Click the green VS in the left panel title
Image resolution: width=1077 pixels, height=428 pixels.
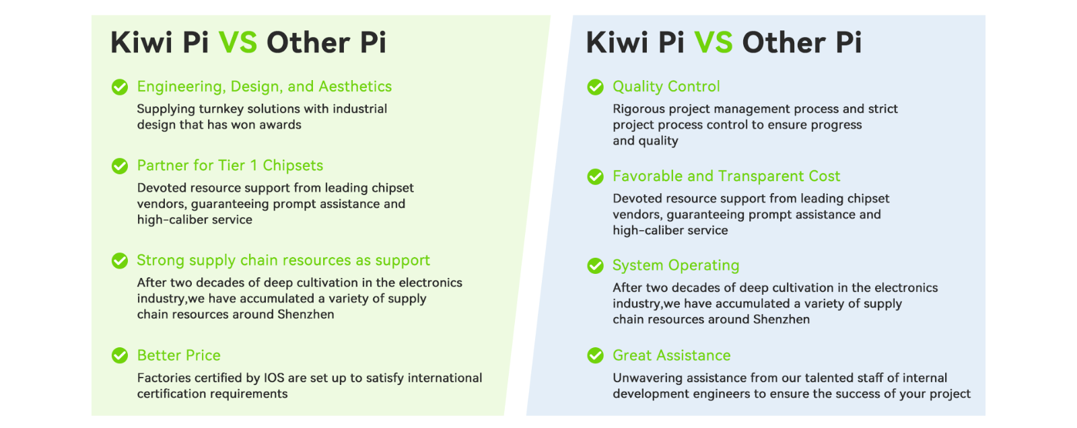(238, 42)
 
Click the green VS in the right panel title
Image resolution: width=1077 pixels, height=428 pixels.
(714, 42)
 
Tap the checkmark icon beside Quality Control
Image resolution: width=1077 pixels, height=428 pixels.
(595, 87)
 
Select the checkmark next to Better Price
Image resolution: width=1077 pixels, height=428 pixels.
(120, 356)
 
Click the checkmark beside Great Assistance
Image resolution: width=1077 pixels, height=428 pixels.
(595, 356)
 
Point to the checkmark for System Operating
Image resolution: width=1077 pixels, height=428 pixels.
(595, 266)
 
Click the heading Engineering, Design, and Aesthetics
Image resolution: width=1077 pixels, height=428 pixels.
(265, 87)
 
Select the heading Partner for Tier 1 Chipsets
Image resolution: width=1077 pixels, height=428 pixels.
(230, 166)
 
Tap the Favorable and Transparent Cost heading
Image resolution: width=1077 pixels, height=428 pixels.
(726, 176)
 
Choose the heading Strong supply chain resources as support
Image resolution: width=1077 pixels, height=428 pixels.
(283, 260)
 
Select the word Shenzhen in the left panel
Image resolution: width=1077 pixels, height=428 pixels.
(306, 314)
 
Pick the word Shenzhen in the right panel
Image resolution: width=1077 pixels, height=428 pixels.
(781, 319)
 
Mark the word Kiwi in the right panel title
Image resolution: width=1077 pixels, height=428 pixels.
(619, 42)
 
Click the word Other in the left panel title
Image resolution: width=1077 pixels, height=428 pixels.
(308, 42)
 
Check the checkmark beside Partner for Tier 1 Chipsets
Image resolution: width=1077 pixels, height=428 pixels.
(120, 166)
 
